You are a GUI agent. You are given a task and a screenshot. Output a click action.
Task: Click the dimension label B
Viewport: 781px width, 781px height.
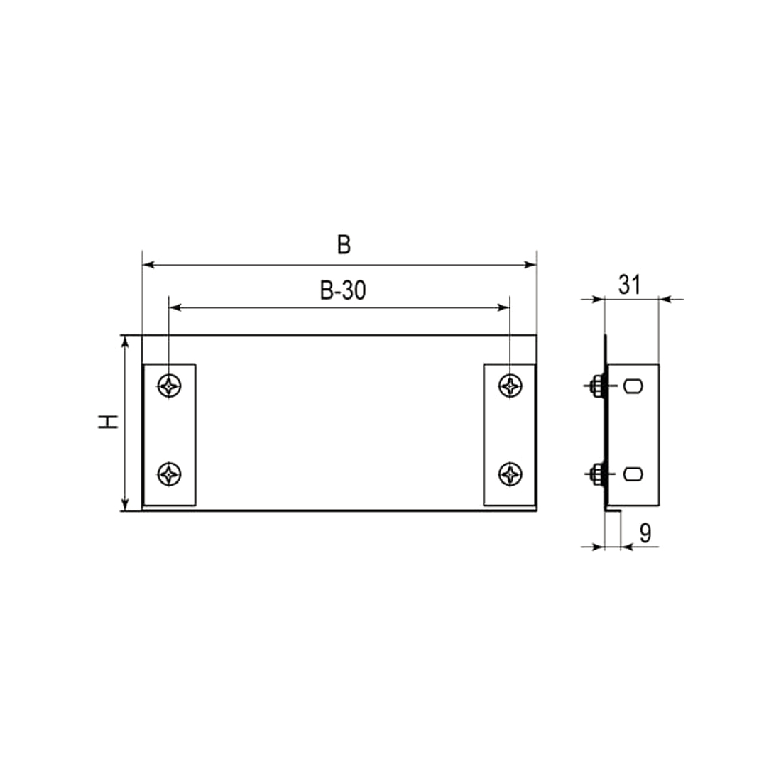[344, 244]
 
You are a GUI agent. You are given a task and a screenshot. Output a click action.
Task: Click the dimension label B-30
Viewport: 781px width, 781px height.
[343, 290]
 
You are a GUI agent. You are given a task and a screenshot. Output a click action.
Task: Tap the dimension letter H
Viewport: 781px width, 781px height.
[108, 422]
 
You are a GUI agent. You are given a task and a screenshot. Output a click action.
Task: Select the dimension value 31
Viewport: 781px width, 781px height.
[630, 285]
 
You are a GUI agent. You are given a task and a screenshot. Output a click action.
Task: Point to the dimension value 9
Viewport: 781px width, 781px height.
[645, 533]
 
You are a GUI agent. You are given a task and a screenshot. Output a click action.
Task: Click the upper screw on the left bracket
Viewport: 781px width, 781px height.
[170, 386]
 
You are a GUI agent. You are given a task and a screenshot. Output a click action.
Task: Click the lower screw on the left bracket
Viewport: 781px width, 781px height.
[170, 474]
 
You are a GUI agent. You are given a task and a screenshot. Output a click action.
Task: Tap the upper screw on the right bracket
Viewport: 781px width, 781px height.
[510, 386]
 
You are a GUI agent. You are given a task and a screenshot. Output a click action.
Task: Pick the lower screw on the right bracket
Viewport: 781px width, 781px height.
[510, 474]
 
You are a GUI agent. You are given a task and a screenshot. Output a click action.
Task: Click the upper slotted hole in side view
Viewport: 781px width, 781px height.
[633, 386]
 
